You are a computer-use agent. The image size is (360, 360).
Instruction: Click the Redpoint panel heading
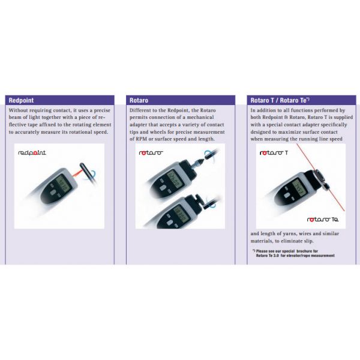21,100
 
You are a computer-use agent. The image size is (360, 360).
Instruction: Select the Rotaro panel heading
139,100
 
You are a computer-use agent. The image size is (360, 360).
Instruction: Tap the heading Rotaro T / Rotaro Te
280,100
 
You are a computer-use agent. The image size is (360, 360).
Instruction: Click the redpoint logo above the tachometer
32,152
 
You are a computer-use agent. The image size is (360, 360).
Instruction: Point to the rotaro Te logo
323,220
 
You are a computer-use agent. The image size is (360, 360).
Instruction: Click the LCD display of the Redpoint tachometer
63,184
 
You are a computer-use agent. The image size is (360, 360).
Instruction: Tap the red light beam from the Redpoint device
76,173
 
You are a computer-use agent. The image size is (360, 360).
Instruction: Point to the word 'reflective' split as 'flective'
17,124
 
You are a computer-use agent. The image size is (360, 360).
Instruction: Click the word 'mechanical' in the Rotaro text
200,117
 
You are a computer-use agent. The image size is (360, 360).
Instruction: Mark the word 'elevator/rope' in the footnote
298,256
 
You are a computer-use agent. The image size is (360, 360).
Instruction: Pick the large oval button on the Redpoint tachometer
53,193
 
